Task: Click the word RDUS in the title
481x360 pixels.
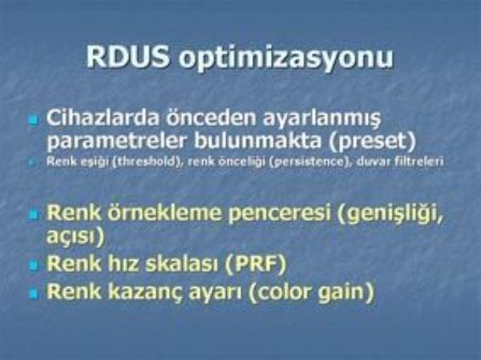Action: (x=128, y=57)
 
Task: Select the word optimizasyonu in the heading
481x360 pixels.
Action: (x=286, y=59)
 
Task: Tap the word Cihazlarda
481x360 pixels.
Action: (x=103, y=117)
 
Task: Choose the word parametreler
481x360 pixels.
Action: (x=117, y=141)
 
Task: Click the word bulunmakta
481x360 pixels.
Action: (x=258, y=140)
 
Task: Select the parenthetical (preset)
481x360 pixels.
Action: (x=372, y=141)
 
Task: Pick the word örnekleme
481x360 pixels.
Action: (x=164, y=212)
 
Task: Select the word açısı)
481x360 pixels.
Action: (x=75, y=237)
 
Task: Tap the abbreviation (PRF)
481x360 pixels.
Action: (x=255, y=263)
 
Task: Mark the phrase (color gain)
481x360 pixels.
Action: (x=312, y=292)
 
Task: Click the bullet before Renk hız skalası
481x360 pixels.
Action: (x=34, y=265)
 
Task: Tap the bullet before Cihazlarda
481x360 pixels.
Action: (x=34, y=119)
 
